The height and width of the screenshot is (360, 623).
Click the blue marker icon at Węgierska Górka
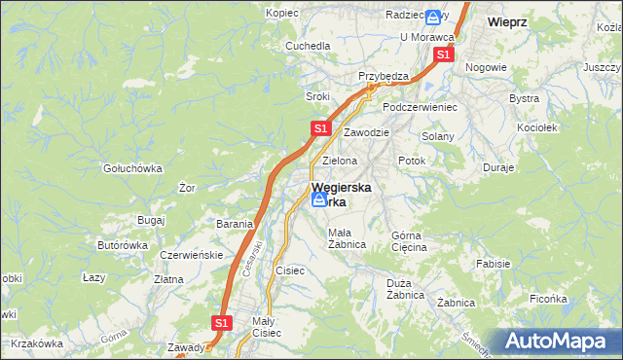319,199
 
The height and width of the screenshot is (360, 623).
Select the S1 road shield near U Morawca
443,55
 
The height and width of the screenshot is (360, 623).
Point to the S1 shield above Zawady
222,322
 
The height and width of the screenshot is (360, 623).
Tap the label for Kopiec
282,14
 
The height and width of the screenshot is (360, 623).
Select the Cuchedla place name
308,46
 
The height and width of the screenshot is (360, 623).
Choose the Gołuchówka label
133,167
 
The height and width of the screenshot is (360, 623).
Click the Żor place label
188,188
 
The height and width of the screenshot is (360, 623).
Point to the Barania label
235,224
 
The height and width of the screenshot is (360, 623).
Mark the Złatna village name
168,279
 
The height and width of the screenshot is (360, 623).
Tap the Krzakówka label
38,343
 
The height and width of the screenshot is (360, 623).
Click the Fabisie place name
493,263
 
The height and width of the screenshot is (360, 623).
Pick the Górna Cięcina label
409,241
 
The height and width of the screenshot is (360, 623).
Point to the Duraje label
498,167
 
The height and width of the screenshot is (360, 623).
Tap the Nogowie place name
486,67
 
